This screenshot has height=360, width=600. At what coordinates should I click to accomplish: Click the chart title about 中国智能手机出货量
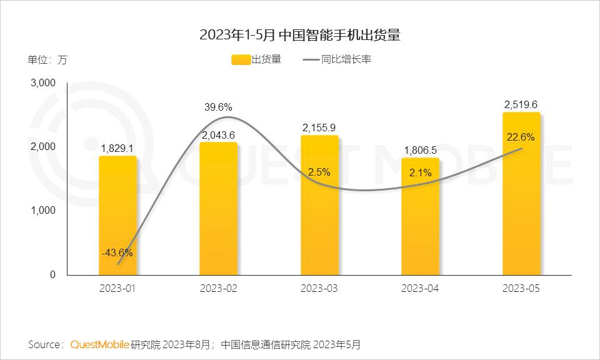pos(300,34)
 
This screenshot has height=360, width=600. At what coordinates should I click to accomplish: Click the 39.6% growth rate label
pos(218,107)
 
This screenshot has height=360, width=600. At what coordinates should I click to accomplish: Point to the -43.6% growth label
pos(117,253)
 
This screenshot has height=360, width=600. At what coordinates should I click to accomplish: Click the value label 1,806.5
pos(420,150)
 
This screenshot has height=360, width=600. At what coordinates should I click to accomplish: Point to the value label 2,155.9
pos(319,127)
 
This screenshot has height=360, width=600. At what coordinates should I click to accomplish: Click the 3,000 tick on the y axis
pos(43,82)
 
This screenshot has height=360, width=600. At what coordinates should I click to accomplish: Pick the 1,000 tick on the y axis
pos(43,211)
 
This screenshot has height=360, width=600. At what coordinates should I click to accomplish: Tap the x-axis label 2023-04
pos(420,289)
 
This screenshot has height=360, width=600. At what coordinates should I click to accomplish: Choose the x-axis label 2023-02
pos(218,289)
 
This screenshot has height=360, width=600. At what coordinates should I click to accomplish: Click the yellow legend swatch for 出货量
pos(241,60)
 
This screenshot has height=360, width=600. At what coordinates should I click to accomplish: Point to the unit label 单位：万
pos(47,60)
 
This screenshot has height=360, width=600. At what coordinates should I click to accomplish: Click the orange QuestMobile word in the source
pos(99,344)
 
